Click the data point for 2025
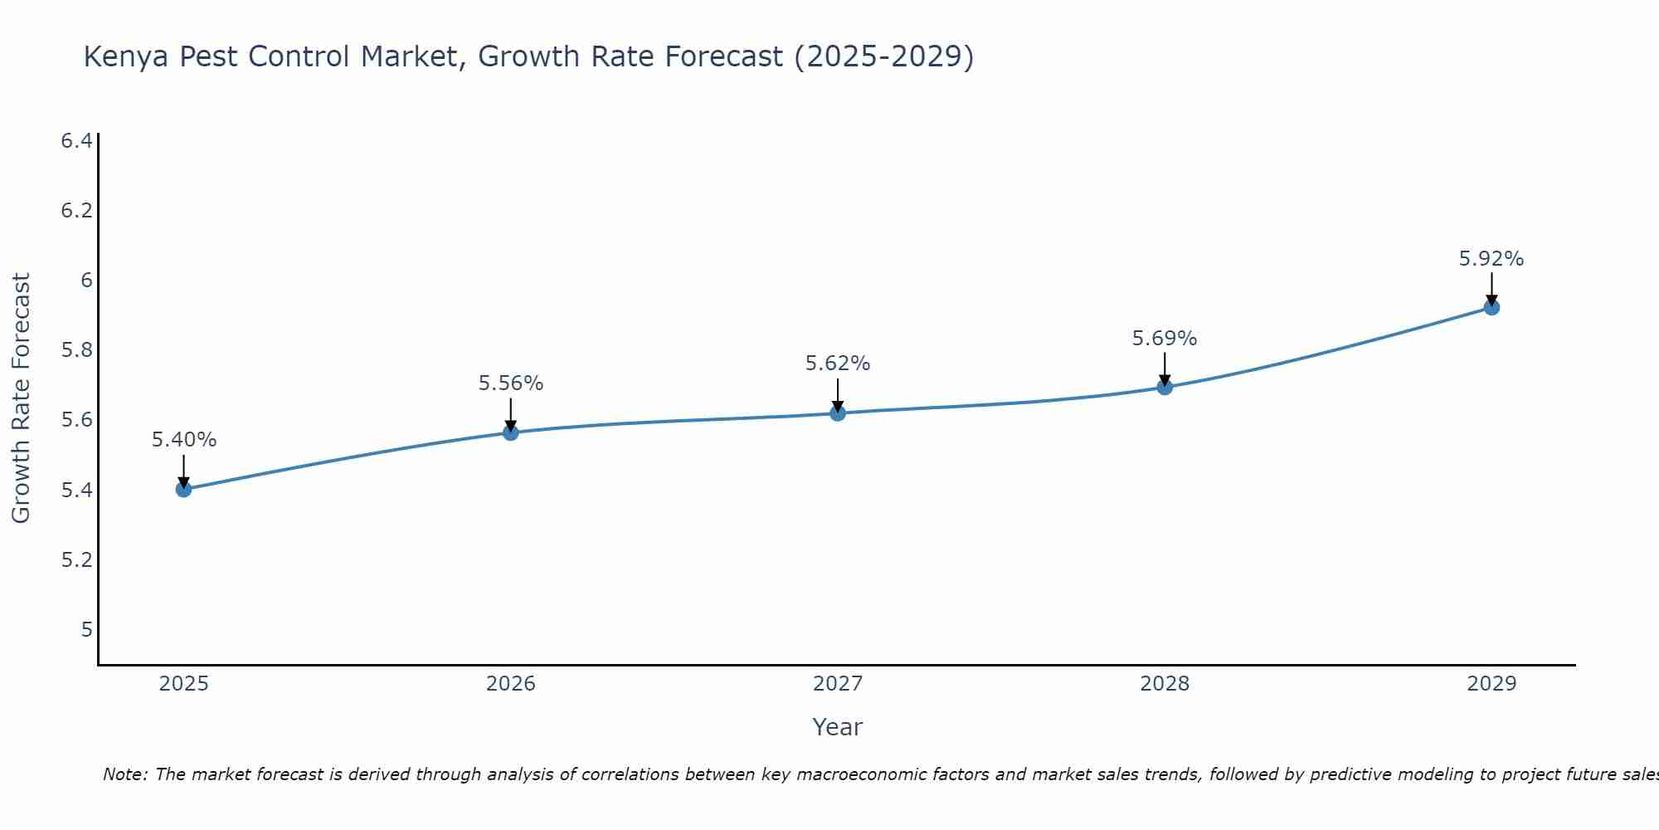pos(184,489)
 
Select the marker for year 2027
pos(838,413)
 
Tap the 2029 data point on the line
pos(1491,307)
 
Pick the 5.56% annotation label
pos(511,383)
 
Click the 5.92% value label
pos(1491,259)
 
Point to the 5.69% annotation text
pos(1165,339)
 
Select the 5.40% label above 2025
pos(184,440)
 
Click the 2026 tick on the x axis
pos(511,684)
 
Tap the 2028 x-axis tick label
pos(1165,684)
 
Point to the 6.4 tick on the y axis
pos(76,141)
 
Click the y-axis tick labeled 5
pos(86,630)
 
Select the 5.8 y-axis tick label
pos(76,350)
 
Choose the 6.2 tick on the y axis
pos(76,211)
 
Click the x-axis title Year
pos(838,727)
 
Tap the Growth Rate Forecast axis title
pos(21,398)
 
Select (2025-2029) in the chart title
pos(884,57)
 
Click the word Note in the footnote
pos(124,774)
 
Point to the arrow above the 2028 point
pos(1165,367)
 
